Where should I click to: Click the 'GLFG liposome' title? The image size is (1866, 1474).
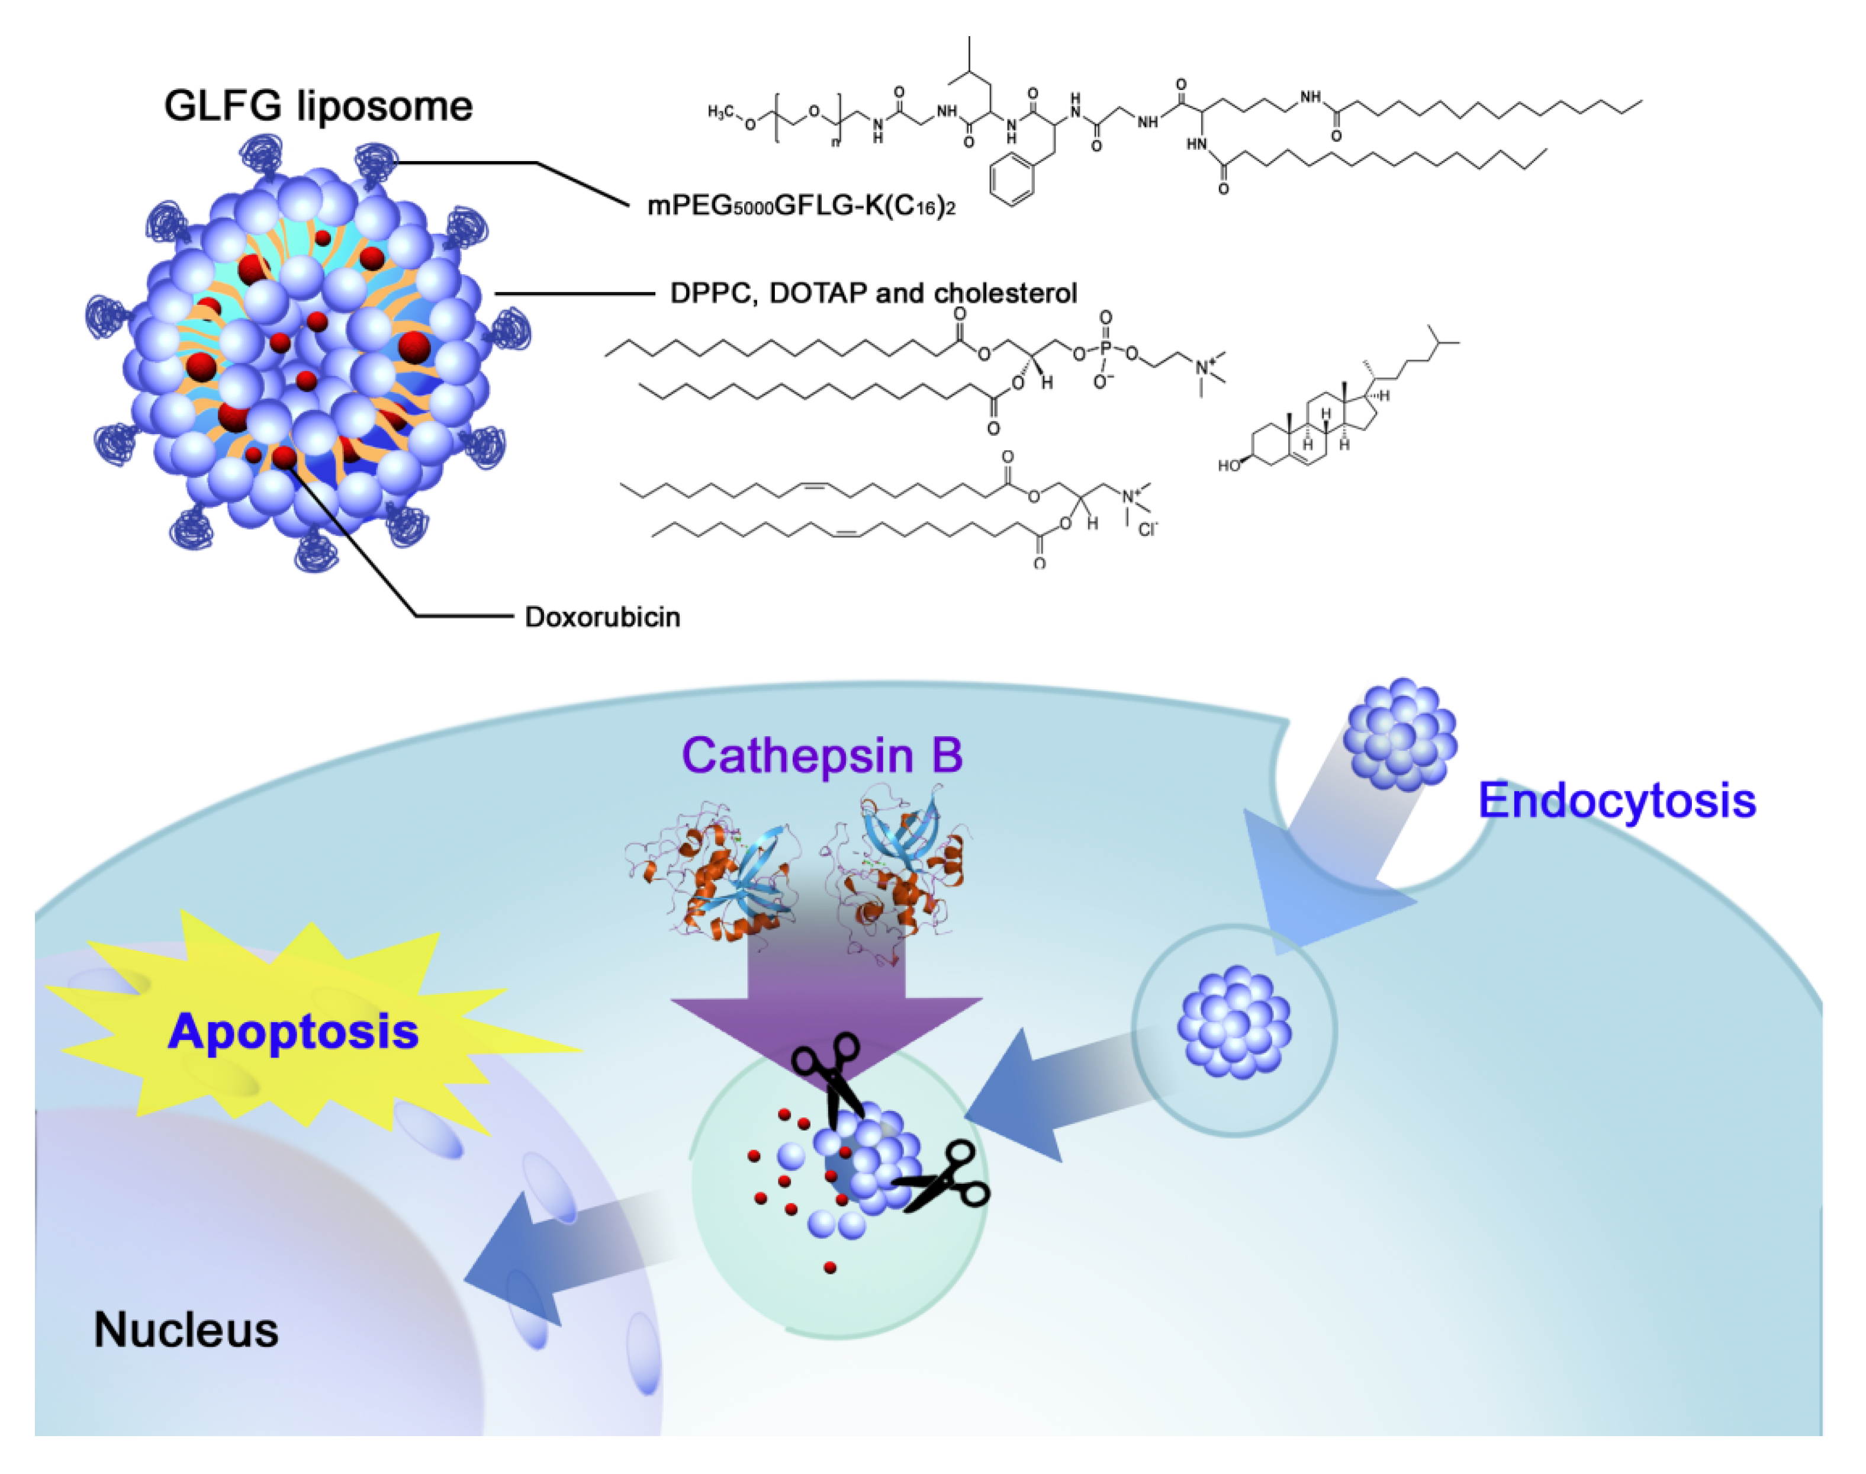[x=317, y=106]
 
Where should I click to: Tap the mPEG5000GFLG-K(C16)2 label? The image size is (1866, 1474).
[x=800, y=206]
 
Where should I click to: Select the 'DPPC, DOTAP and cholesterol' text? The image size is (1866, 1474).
[x=873, y=293]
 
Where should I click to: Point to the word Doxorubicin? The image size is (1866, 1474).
[x=602, y=617]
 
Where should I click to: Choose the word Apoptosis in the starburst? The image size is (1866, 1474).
[x=293, y=1031]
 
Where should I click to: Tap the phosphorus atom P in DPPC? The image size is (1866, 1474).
[x=1106, y=349]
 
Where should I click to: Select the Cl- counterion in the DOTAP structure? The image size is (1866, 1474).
[x=1147, y=529]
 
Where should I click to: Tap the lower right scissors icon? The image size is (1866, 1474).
[x=945, y=1178]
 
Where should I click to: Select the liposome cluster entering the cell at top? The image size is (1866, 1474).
[x=1399, y=734]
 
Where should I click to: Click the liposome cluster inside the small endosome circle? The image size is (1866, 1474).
[x=1234, y=1023]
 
